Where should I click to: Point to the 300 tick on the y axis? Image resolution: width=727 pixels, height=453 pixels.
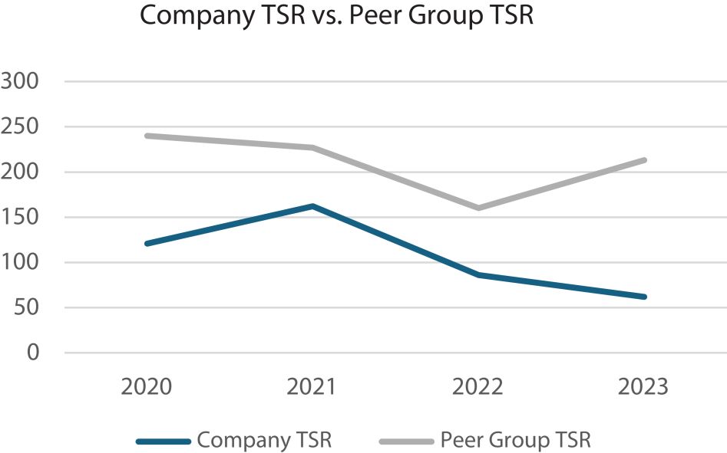(x=21, y=80)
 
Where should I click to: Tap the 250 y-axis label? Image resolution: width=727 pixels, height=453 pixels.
(x=21, y=126)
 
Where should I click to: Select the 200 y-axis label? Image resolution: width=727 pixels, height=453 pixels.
(x=21, y=172)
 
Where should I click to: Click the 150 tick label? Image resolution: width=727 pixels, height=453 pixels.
(x=21, y=217)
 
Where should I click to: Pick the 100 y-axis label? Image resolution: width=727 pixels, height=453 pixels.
(x=21, y=262)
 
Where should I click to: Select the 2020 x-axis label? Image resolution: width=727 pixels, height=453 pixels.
(x=147, y=386)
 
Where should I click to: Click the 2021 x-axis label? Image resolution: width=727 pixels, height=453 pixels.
(x=312, y=386)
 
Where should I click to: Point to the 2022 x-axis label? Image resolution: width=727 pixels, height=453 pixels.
(x=478, y=386)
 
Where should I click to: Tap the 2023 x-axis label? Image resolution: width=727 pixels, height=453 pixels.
(x=643, y=386)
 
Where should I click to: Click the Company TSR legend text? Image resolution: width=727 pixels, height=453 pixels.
(x=264, y=440)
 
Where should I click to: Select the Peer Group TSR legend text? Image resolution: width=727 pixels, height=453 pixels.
(x=515, y=440)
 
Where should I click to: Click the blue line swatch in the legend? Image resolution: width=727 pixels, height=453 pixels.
(x=163, y=441)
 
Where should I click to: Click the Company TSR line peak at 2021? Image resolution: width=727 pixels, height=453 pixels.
(x=312, y=205)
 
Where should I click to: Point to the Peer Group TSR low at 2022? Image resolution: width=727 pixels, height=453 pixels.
(x=478, y=208)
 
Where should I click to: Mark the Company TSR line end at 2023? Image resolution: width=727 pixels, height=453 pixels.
(x=643, y=297)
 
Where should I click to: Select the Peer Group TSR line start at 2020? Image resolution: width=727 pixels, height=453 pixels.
(x=147, y=136)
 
